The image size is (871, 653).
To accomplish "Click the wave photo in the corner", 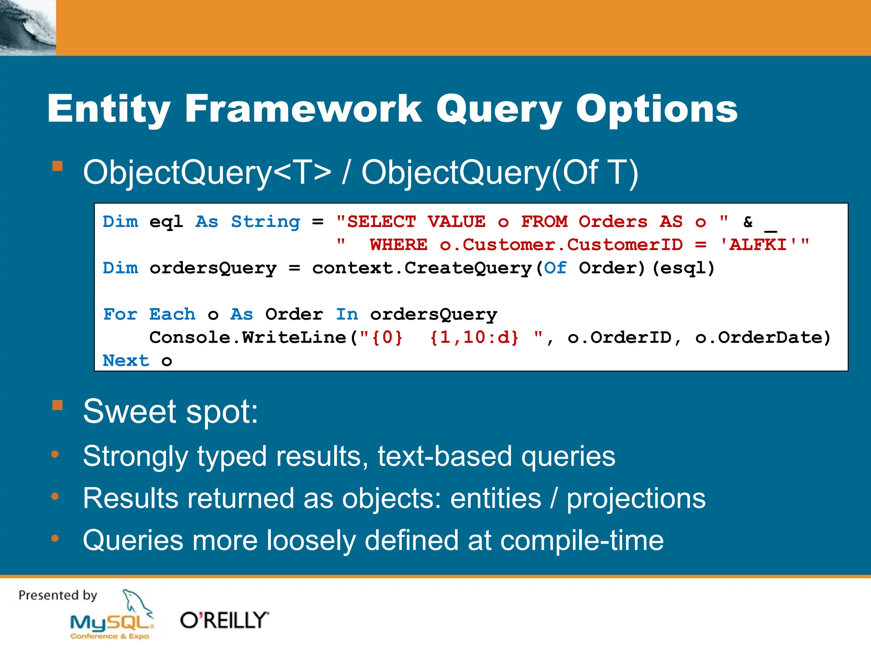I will coord(28,28).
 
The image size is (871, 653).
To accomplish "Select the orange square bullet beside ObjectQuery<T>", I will coord(57,166).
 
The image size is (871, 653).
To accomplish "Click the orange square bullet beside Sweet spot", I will coord(57,405).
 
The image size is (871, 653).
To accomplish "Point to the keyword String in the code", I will coord(265,222).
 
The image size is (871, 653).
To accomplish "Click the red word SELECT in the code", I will coord(381,222).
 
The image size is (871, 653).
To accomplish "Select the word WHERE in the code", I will coord(398,245).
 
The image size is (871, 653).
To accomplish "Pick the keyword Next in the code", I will coord(126,361).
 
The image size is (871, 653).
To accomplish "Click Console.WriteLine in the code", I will coord(248,338).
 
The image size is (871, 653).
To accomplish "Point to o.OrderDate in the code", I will coord(763,338).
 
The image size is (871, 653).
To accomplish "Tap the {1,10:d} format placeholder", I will coord(474,338).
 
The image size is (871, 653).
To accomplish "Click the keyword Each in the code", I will coord(172,315).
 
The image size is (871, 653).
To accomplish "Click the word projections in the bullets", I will coord(636,498).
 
